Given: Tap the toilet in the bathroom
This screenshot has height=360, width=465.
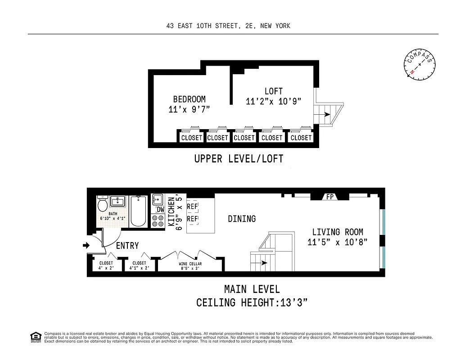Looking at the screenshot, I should (x=103, y=205).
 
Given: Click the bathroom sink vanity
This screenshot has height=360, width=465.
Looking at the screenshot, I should (x=117, y=201).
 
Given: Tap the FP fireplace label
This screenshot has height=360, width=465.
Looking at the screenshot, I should (x=330, y=197).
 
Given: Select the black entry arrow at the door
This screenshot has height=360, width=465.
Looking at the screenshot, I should (x=86, y=245).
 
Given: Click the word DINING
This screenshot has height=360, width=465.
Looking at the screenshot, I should (x=242, y=219).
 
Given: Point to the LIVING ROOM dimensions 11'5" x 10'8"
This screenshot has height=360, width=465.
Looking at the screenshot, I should (x=338, y=243).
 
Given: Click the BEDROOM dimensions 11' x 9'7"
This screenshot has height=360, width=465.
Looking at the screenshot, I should (x=189, y=109).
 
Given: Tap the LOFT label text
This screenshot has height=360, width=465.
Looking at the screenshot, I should (x=274, y=91).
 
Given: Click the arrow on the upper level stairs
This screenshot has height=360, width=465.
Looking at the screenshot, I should (x=326, y=115).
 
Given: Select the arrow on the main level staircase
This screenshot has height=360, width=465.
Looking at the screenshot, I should (x=262, y=262).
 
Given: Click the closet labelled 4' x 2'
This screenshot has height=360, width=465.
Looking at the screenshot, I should (x=106, y=265).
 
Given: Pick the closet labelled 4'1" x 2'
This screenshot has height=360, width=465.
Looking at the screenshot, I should (x=139, y=265).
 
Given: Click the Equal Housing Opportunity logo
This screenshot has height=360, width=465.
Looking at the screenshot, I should (x=35, y=337).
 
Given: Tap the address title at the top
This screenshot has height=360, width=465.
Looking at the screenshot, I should (x=228, y=26).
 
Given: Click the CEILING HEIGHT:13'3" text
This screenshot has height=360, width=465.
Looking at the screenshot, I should (x=252, y=302).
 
